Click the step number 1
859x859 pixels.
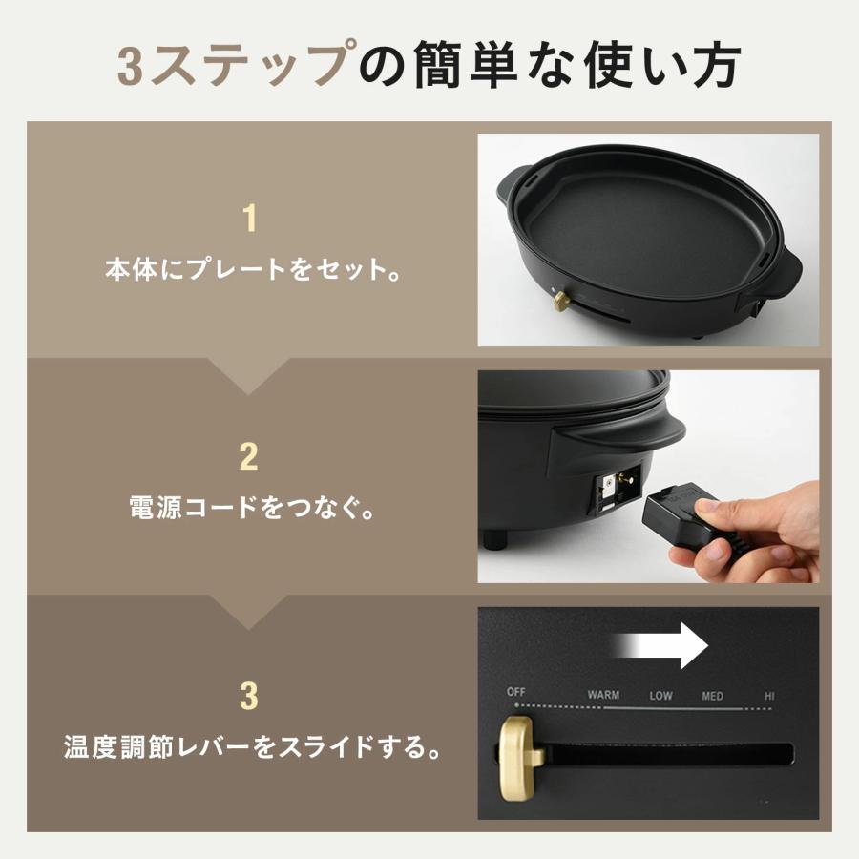[250, 219]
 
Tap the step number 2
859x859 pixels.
[249, 456]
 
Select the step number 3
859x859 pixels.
[249, 696]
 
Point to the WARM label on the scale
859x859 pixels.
[603, 695]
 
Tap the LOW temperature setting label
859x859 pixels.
[660, 695]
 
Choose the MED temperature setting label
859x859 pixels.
[712, 695]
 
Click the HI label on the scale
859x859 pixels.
[769, 695]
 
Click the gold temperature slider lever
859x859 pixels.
[520, 754]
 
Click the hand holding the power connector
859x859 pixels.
[764, 534]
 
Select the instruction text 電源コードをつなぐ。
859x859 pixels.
[250, 507]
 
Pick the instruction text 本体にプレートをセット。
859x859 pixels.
[250, 269]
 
